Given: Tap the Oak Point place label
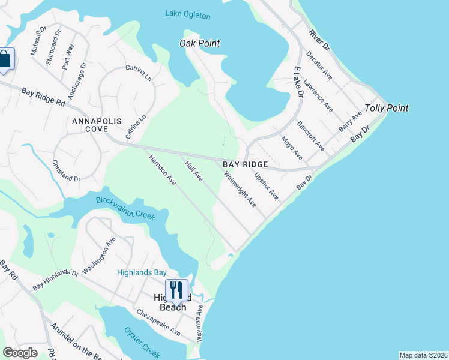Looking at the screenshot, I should coord(200,43).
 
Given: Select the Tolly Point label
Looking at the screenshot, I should coord(387,109).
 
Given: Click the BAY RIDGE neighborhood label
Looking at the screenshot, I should coord(244,164).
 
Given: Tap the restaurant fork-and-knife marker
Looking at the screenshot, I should coord(176,290).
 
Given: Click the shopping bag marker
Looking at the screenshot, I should coord(5,60).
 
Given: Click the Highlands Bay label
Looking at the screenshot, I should coord(142,272).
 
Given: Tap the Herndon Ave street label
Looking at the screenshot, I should coord(162,170).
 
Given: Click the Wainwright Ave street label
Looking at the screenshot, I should coord(240,190).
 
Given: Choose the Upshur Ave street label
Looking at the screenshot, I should coord(267,186).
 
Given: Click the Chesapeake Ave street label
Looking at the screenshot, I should coord(158,322).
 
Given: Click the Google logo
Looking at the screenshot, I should coord(20,353).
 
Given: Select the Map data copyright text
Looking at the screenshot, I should coord(423,355).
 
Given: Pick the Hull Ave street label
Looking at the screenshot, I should coord(194,170).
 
